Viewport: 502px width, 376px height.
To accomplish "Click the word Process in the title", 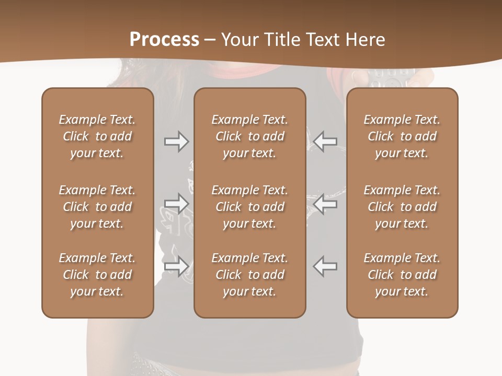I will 164,39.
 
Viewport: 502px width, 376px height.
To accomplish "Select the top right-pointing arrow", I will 176,142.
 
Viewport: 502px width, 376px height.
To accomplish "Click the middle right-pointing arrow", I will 176,204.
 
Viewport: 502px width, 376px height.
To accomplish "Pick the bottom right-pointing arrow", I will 176,266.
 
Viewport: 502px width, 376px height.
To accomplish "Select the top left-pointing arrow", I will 325,142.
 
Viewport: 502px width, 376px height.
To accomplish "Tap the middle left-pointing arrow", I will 325,204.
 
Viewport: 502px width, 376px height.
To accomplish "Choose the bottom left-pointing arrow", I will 325,266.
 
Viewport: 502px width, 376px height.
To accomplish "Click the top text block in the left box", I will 97,136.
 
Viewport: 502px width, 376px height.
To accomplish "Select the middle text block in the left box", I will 97,207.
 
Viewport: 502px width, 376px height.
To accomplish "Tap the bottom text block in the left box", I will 97,275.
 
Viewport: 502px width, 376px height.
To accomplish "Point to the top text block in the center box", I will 250,136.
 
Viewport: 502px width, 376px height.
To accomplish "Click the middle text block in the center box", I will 250,207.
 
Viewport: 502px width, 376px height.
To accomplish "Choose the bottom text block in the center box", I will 250,275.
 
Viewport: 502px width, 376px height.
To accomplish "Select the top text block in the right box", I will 402,136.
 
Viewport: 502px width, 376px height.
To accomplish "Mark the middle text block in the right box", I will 402,207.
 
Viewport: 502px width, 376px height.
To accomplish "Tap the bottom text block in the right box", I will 402,275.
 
